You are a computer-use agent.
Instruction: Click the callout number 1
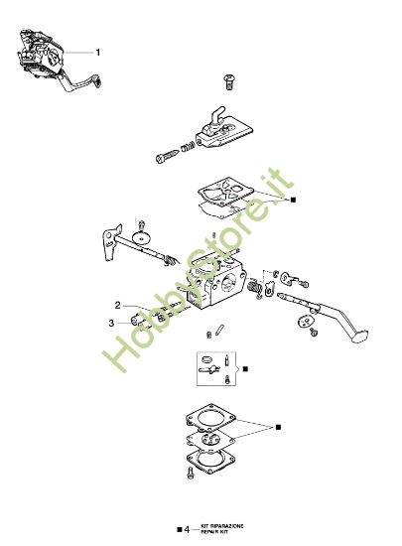[x=96, y=50]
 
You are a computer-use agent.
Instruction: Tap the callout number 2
[x=117, y=305]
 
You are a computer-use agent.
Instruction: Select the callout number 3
[x=111, y=322]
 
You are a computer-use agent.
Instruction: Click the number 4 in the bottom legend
[x=186, y=528]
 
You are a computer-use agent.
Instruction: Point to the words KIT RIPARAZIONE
[x=221, y=525]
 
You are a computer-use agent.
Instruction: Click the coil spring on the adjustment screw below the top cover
[x=183, y=150]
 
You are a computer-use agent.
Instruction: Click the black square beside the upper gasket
[x=293, y=200]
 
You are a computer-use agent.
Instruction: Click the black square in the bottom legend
[x=176, y=528]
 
